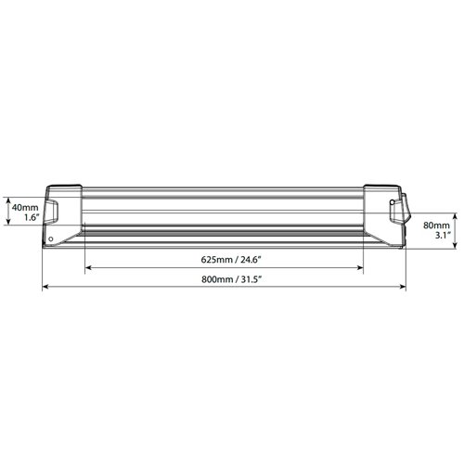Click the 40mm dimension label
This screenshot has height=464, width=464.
(x=25, y=208)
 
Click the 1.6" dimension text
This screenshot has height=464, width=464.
(x=32, y=217)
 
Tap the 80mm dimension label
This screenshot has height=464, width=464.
(x=436, y=226)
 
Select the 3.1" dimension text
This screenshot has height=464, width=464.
(x=443, y=236)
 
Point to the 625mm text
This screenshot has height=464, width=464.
(x=216, y=259)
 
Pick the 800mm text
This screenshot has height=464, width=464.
(x=217, y=279)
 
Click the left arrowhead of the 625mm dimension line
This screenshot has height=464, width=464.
(x=87, y=267)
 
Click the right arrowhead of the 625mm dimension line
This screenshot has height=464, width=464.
(x=360, y=267)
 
